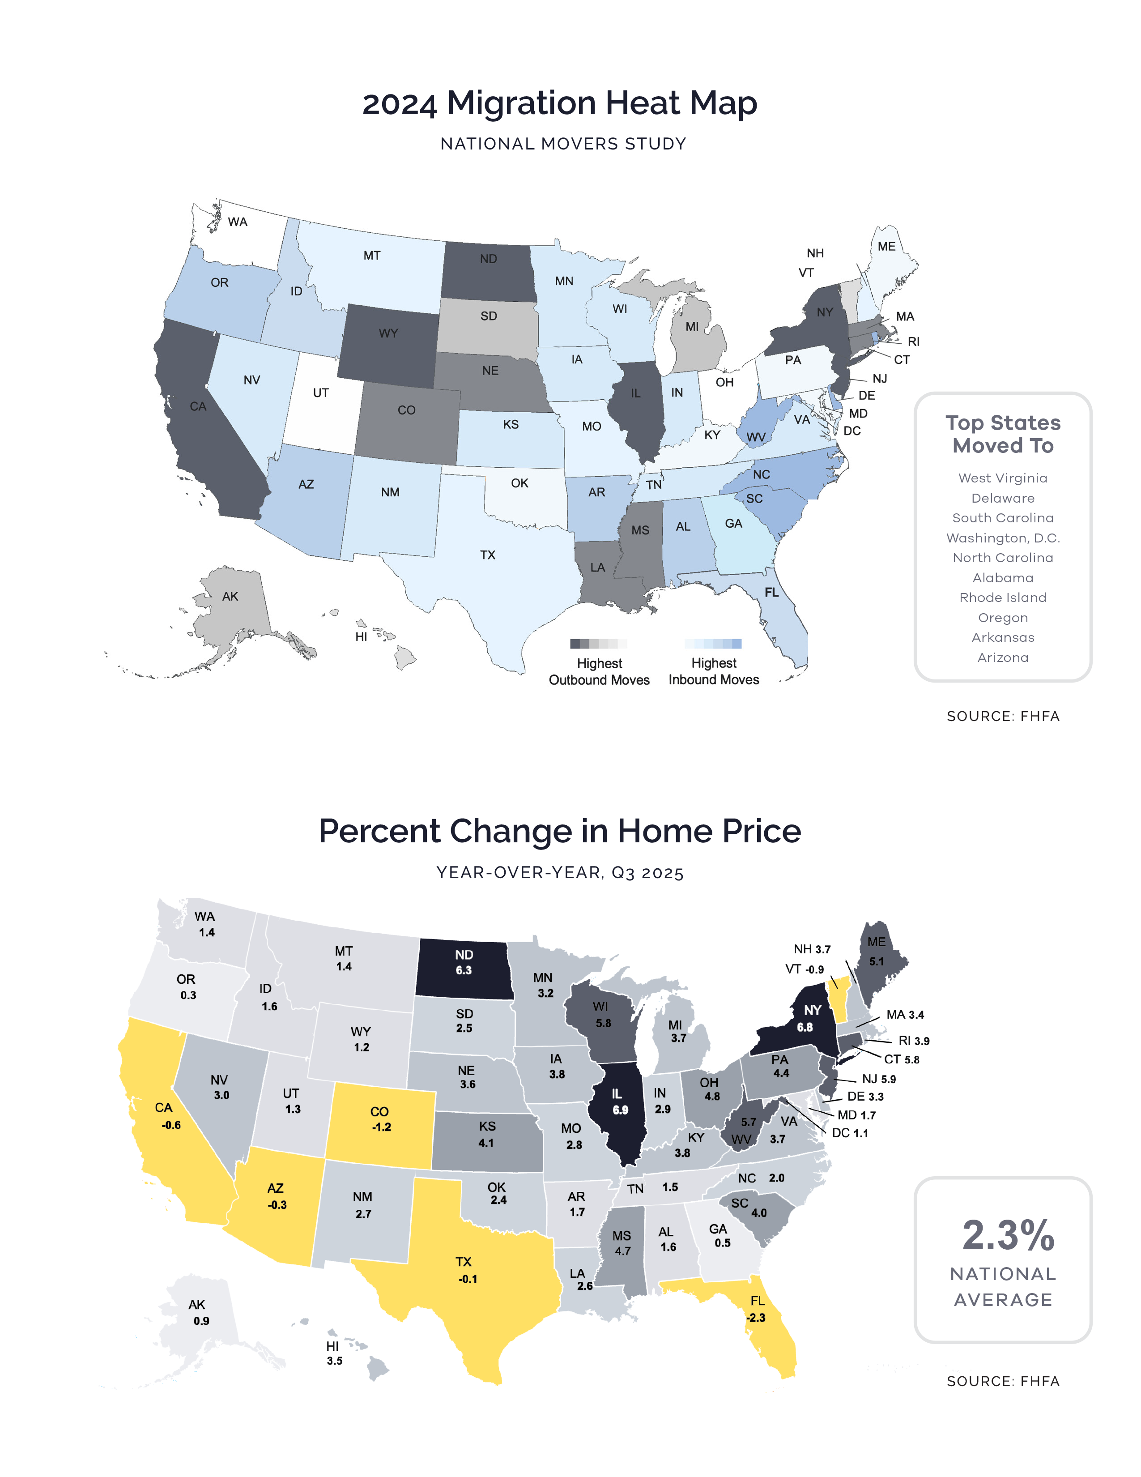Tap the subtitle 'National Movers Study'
[x=563, y=144]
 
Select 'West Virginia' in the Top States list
[x=1002, y=478]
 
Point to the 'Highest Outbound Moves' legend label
[x=599, y=671]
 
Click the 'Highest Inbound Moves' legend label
[x=714, y=671]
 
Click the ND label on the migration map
[x=488, y=259]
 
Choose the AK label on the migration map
[x=230, y=597]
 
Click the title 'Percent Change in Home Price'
[x=560, y=831]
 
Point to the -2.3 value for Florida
[x=756, y=1317]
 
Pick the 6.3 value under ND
[x=464, y=970]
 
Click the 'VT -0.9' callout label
[x=805, y=969]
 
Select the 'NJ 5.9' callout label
[x=879, y=1080]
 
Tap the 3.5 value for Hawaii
[x=335, y=1361]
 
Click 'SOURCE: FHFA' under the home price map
[x=1002, y=1381]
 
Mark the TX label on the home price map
[x=463, y=1262]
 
